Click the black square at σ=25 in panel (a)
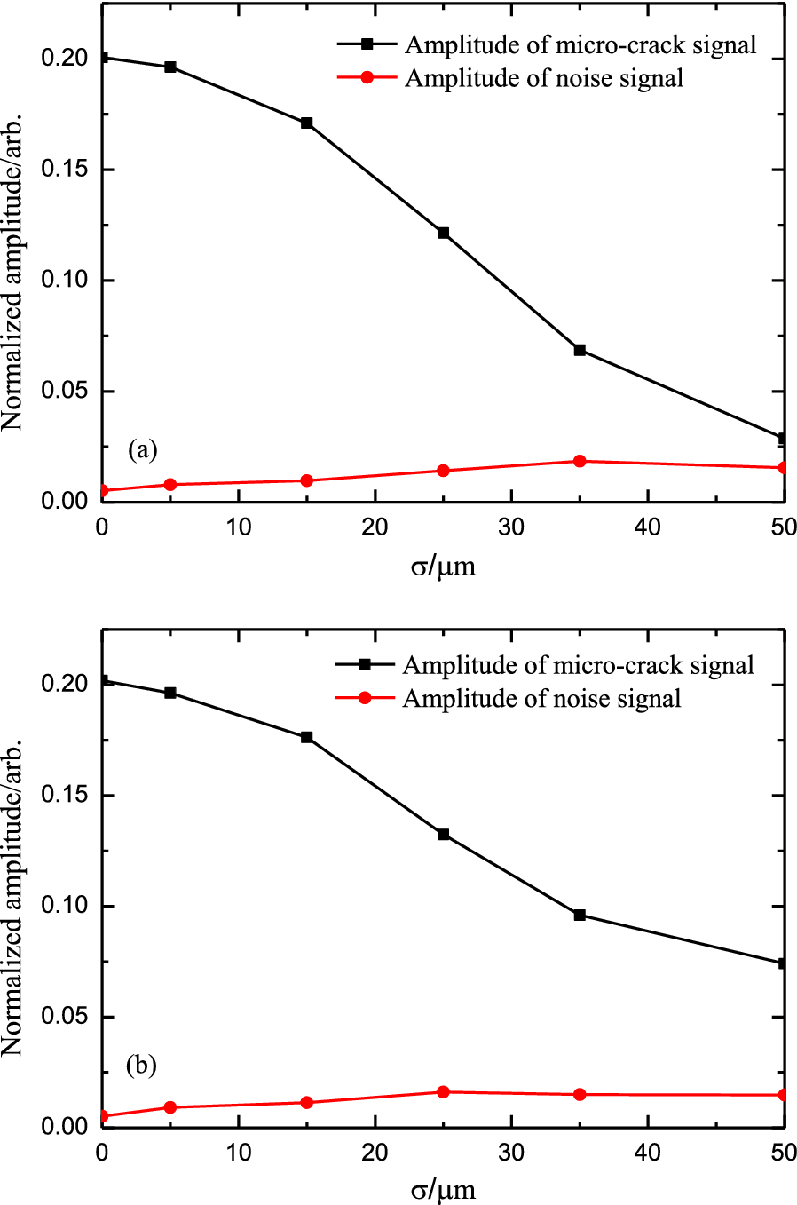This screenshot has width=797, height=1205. point(443,233)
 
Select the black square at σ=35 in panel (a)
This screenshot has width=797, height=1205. point(580,350)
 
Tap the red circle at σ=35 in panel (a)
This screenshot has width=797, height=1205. point(580,461)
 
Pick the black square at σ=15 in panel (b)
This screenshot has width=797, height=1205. point(307,737)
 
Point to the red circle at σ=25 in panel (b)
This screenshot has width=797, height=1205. point(443,1091)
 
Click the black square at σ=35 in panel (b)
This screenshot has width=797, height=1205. point(580,915)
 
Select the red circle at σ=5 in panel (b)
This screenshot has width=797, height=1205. point(170,1107)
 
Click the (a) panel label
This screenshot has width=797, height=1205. point(143,449)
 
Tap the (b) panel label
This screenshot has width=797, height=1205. point(142,1064)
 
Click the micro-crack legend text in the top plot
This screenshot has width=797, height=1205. point(580,44)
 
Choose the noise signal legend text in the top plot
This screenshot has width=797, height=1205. point(544,78)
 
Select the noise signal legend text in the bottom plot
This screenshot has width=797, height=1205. point(541,699)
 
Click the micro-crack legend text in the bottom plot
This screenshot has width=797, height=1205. point(578,665)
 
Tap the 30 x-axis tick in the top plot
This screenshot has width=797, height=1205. point(511,527)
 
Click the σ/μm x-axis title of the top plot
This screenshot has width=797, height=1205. point(443,566)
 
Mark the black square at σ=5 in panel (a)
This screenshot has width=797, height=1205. point(170,67)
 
